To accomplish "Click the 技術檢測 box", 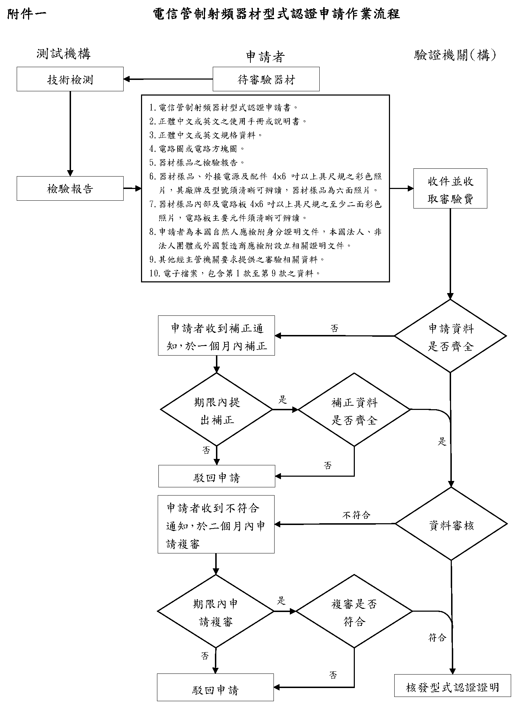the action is [70, 79].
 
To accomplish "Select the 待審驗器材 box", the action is [266, 79].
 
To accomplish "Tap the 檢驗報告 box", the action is [70, 188].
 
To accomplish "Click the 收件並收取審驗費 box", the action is [450, 188].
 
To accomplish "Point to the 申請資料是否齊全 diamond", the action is [450, 336].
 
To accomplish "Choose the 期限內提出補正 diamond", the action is [217, 410].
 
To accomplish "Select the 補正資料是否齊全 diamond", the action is [354, 410].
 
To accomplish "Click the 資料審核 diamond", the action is [451, 524].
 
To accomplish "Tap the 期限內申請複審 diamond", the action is [216, 611].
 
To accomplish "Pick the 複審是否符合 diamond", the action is [354, 611].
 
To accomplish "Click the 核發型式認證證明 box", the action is [453, 687].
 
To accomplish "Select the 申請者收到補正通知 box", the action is [216, 335].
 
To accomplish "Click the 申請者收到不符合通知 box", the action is [216, 524].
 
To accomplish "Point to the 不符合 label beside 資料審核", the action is [356, 515].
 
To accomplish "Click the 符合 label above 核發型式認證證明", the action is [437, 637].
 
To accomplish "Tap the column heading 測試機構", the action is [64, 54].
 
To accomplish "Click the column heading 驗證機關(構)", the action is [455, 55].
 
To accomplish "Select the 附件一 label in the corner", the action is [27, 14].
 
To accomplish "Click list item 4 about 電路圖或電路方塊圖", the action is [197, 149].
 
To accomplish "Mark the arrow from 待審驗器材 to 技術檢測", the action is [168, 79].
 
